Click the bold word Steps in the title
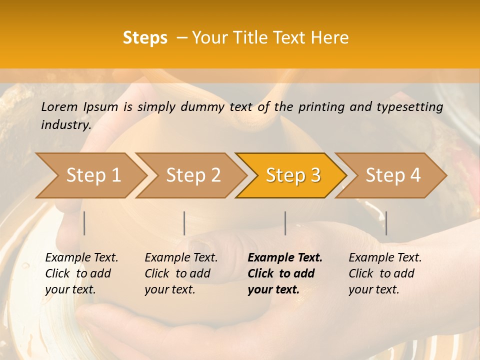145,38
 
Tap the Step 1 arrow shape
90,175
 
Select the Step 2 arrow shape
192,175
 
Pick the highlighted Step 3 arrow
292,175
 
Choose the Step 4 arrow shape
392,175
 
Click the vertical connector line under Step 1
84,223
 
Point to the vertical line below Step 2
184,223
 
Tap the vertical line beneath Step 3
285,223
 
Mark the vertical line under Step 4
386,223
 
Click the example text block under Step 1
81,273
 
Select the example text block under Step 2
180,273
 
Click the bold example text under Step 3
284,273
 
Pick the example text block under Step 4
384,273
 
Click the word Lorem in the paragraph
59,106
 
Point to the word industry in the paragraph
65,124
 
